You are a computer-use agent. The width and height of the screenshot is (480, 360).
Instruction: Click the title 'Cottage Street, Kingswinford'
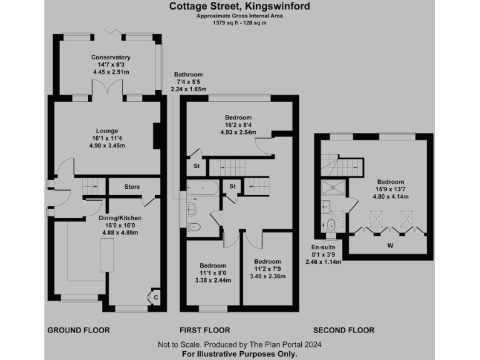coord(239,7)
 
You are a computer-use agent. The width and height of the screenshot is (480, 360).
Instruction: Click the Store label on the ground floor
coord(132,187)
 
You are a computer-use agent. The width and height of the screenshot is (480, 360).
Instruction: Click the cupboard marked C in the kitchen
coord(155,297)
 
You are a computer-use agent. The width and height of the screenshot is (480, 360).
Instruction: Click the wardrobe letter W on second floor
coord(390,246)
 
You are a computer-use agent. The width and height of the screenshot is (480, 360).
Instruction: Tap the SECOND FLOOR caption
coord(344,330)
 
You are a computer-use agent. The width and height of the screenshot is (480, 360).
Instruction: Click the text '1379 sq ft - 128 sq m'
coord(239,22)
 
